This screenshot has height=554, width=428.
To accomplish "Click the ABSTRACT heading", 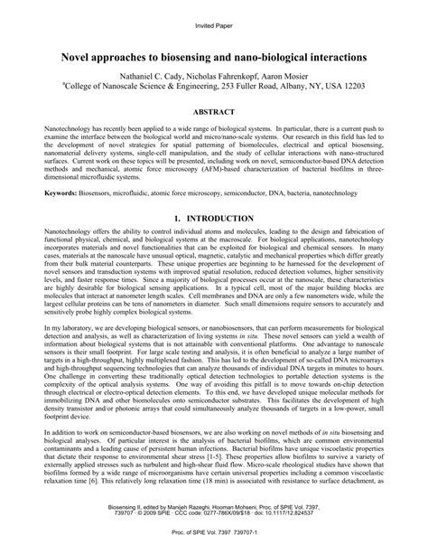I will tap(214, 112).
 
